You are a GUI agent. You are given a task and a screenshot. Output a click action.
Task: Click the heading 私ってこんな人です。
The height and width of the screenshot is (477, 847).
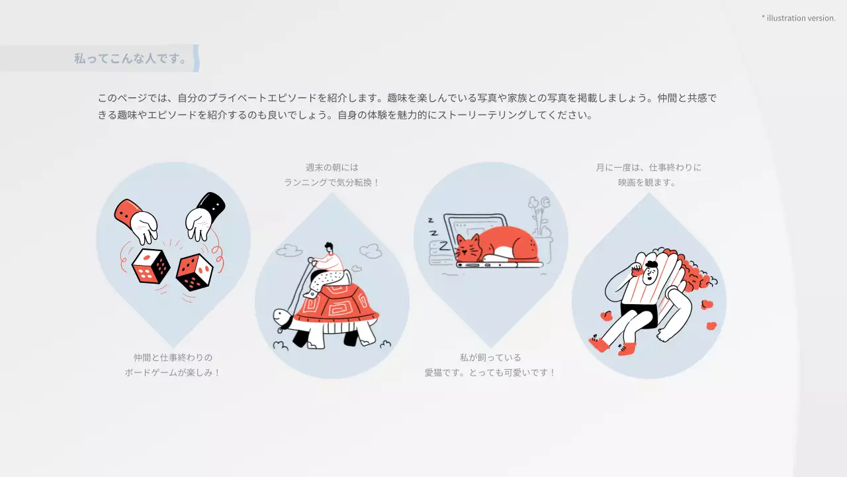(x=131, y=58)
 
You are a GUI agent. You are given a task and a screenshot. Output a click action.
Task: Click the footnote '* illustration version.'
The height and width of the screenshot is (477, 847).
(x=799, y=18)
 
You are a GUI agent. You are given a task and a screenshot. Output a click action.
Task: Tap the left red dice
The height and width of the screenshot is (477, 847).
(x=151, y=266)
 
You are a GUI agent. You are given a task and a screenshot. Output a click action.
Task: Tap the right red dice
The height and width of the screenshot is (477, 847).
(x=194, y=272)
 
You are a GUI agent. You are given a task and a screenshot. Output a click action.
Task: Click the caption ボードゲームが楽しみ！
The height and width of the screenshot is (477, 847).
(x=173, y=372)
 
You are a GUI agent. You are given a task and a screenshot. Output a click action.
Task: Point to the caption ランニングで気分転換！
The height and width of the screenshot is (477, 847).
(x=332, y=182)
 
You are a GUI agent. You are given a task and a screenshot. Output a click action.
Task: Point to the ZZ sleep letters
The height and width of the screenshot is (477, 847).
(x=432, y=225)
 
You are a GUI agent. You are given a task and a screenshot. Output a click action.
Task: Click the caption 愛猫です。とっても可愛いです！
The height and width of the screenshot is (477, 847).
(x=490, y=372)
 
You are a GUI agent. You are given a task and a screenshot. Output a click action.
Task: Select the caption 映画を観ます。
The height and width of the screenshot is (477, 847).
(x=648, y=182)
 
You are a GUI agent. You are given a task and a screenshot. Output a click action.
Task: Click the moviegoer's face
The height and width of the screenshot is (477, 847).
(x=650, y=272)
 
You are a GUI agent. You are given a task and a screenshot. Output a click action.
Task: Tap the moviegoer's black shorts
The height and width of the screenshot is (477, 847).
(x=639, y=315)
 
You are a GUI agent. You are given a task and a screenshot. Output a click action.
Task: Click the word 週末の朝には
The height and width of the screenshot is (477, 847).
(x=332, y=167)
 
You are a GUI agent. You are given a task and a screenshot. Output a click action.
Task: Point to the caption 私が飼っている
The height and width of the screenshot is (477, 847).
(x=490, y=357)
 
